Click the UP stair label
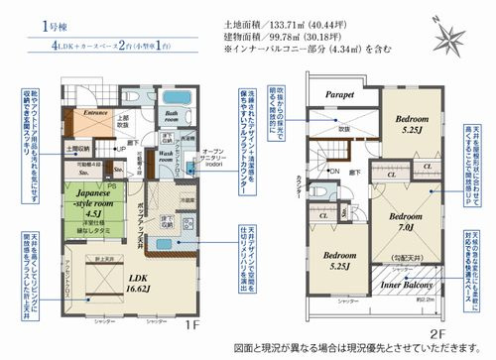[x=120, y=150]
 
